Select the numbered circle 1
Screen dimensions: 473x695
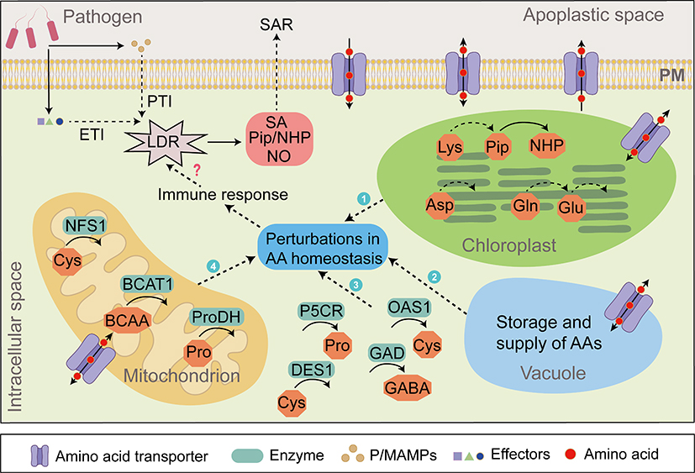coord(363,199)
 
